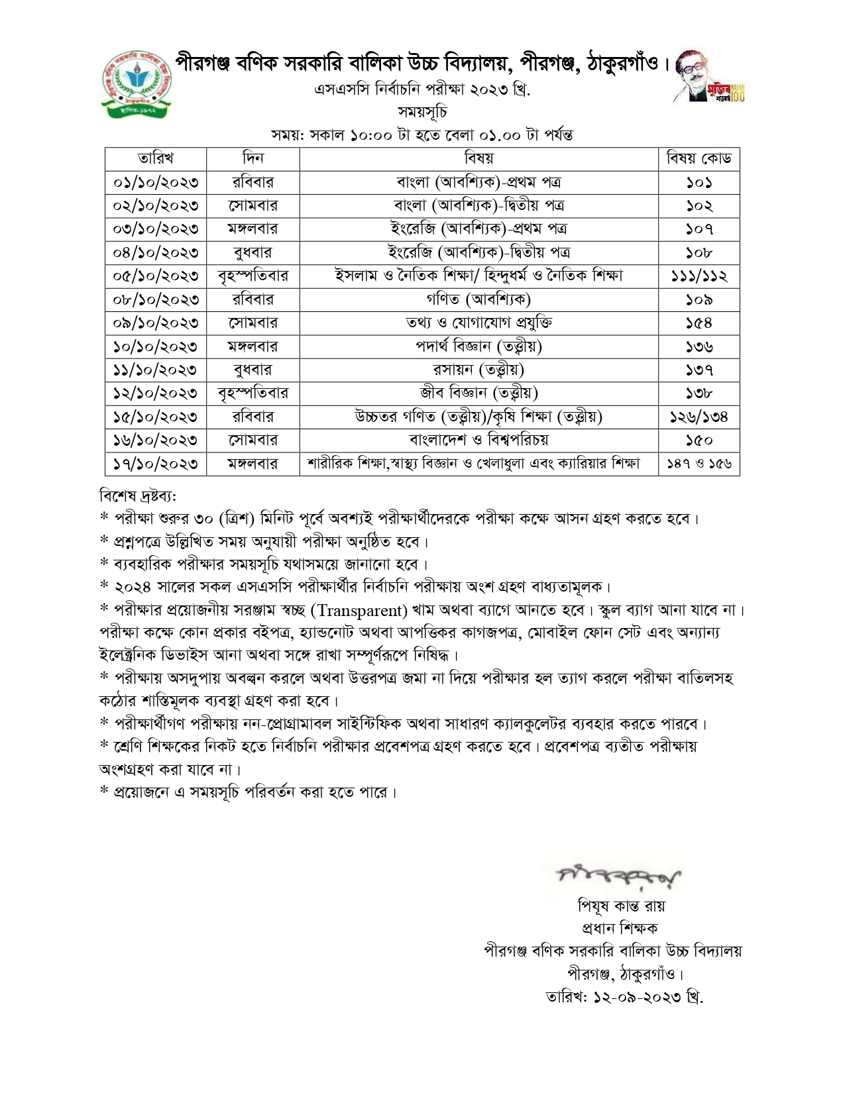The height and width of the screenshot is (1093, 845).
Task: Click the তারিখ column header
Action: (156, 158)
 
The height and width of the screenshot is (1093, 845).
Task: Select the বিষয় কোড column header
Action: (699, 158)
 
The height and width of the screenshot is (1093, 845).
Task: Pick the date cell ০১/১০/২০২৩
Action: (156, 182)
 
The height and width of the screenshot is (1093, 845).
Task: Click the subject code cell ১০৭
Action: (699, 229)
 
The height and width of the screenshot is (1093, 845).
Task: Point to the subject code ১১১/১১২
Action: (699, 276)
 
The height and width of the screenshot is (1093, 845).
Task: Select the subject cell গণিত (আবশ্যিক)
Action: (479, 299)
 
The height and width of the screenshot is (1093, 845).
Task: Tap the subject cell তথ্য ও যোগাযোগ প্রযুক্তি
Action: (479, 323)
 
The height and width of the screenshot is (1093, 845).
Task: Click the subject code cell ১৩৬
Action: (699, 346)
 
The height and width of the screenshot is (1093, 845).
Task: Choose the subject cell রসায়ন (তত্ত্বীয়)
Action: (479, 370)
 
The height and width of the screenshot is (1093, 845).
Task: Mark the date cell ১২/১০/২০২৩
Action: (156, 393)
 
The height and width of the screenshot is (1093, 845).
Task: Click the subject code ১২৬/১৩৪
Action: (699, 417)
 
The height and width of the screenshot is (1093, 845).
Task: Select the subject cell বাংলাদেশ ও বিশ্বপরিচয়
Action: (479, 440)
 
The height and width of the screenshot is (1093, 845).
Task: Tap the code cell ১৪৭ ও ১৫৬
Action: (699, 464)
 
